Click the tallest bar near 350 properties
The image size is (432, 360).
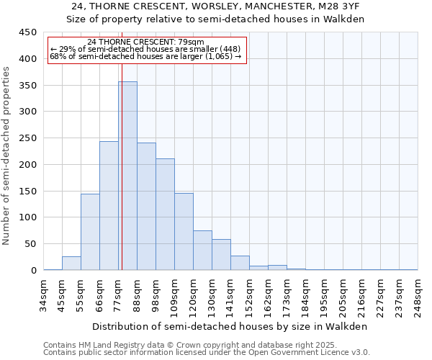127,176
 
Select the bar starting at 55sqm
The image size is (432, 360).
90,232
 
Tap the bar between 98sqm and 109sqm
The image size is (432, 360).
165,215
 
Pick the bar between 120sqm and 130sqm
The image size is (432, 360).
202,251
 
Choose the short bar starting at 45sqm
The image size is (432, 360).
71,264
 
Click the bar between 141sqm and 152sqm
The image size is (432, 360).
240,264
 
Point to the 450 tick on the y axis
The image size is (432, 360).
27,32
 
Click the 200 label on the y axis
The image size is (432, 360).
27,165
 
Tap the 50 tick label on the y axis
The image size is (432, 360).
30,244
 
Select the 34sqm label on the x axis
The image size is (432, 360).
44,296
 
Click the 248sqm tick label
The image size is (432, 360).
418,296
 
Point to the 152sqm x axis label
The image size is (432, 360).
250,296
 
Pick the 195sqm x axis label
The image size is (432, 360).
324,296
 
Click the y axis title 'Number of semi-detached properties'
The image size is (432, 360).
7,156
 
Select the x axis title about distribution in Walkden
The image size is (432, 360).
230,326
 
